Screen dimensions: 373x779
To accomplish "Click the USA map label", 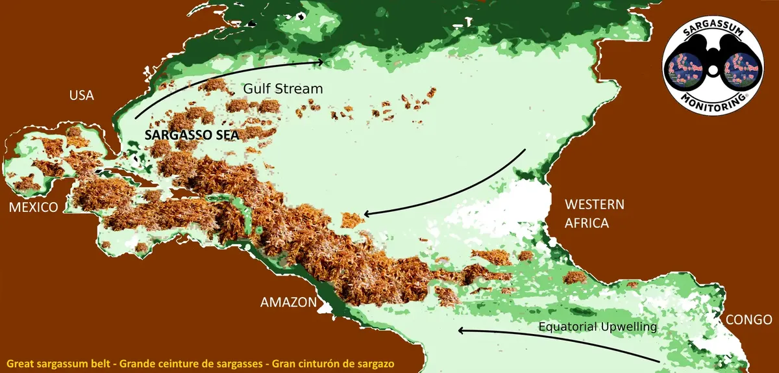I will (x=82, y=96).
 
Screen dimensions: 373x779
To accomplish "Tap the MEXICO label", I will (x=33, y=207).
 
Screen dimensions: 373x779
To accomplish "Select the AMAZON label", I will (x=288, y=302).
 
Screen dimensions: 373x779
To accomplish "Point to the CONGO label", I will (x=748, y=320).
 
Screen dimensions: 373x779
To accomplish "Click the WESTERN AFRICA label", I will (x=595, y=214).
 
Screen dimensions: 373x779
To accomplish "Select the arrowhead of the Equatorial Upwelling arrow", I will (x=461, y=330).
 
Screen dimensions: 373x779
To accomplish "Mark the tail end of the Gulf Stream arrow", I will (x=136, y=118).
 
